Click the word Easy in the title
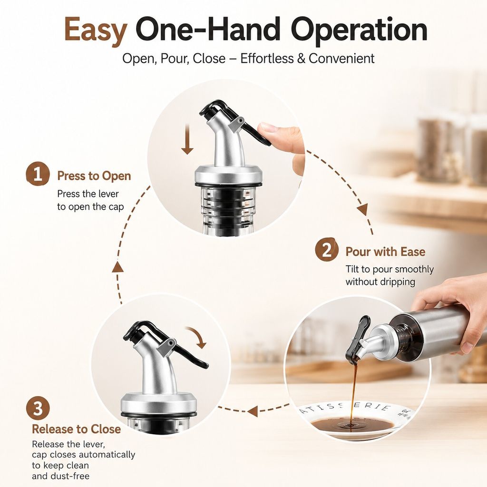(96, 30)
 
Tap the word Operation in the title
(360, 30)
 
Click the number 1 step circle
(38, 174)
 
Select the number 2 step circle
(326, 250)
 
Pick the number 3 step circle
(38, 408)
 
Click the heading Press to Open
(94, 176)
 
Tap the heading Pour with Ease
(385, 252)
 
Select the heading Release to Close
(77, 429)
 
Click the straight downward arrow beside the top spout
(187, 139)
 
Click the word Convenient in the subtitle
(341, 58)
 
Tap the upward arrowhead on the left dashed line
(118, 267)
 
